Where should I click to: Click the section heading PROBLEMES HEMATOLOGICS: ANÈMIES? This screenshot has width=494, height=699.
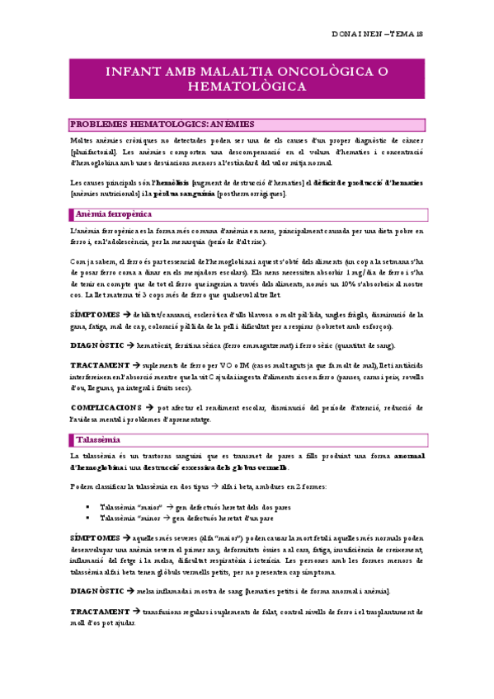click(162, 124)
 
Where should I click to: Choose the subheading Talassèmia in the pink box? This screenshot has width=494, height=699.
click(98, 439)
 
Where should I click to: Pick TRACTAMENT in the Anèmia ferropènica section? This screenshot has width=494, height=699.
click(99, 364)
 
